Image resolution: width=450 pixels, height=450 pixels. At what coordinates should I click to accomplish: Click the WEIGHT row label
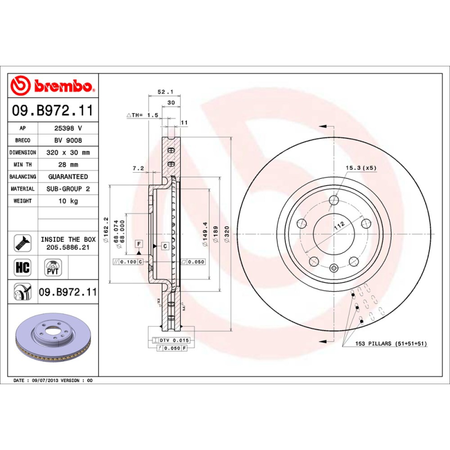[22, 201]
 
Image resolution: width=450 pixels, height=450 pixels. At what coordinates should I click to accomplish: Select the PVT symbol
[53, 267]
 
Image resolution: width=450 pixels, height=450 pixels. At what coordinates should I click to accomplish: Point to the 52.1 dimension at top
[164, 92]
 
